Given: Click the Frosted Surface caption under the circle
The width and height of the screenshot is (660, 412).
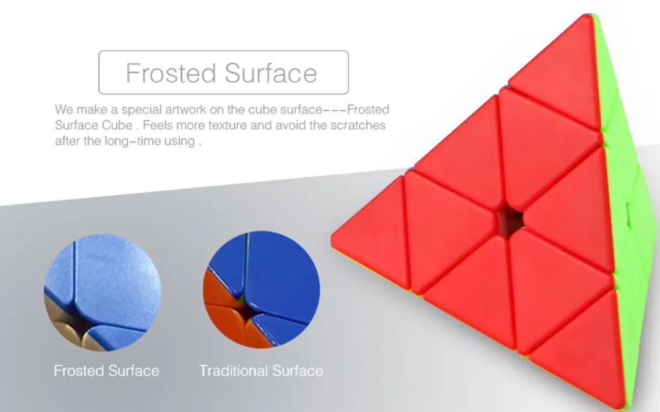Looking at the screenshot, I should [x=106, y=370].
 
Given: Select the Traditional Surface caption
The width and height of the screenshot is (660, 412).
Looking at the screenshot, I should [x=261, y=370].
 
